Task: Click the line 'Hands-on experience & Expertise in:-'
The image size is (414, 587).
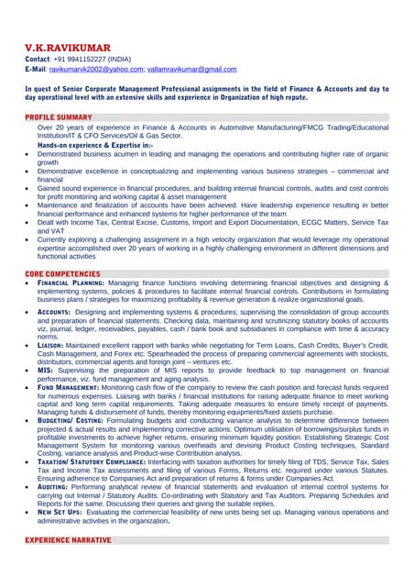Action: click(95, 146)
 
